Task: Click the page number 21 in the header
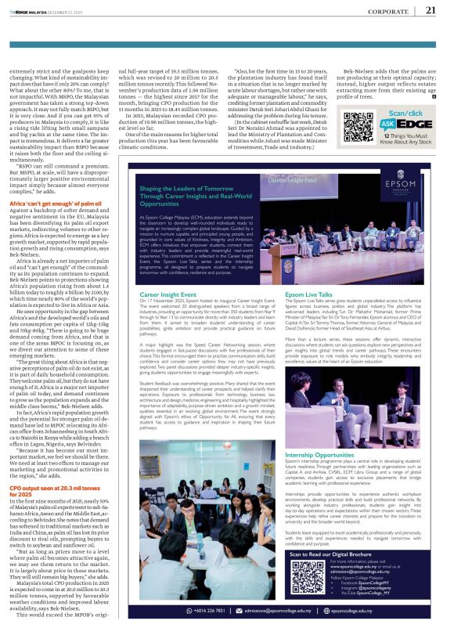click(x=430, y=10)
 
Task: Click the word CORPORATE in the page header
click(x=388, y=11)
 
